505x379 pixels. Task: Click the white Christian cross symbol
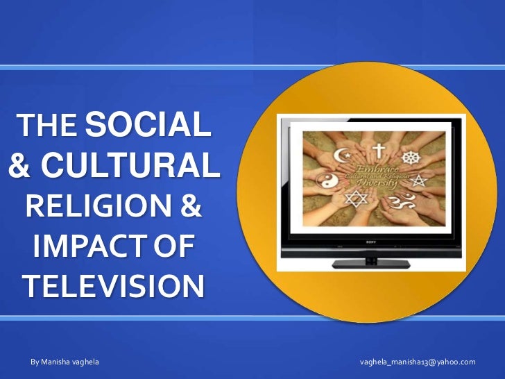(x=378, y=149)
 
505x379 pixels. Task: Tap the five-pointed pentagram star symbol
(x=419, y=181)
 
